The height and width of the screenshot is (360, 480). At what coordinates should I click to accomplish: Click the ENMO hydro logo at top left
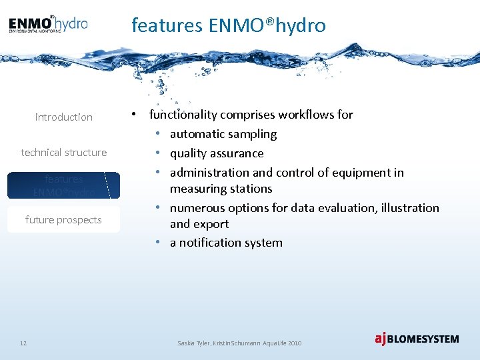pyautogui.click(x=48, y=25)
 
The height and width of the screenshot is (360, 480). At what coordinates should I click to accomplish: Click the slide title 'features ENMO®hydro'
pyautogui.click(x=229, y=25)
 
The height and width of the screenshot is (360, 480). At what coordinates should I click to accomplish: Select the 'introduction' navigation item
pyautogui.click(x=64, y=117)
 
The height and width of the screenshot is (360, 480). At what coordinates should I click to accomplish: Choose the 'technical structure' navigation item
pyautogui.click(x=64, y=153)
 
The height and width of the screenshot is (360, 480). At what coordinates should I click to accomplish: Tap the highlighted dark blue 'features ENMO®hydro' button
pyautogui.click(x=64, y=185)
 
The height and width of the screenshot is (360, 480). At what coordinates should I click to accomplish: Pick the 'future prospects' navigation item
pyautogui.click(x=64, y=220)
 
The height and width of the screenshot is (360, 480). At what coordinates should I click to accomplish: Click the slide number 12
pyautogui.click(x=23, y=343)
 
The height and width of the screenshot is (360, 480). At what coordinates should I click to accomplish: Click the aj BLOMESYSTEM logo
pyautogui.click(x=417, y=339)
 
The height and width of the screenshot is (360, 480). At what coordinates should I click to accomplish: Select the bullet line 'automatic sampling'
pyautogui.click(x=223, y=134)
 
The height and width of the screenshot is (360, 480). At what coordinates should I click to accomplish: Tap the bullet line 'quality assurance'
pyautogui.click(x=217, y=153)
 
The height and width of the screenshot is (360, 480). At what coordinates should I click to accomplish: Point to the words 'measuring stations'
pyautogui.click(x=221, y=189)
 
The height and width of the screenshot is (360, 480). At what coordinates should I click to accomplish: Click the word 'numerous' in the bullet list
pyautogui.click(x=195, y=208)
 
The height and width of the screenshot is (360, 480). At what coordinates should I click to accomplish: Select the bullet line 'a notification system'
pyautogui.click(x=226, y=243)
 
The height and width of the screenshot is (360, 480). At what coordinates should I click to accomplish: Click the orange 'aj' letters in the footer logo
pyautogui.click(x=381, y=339)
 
